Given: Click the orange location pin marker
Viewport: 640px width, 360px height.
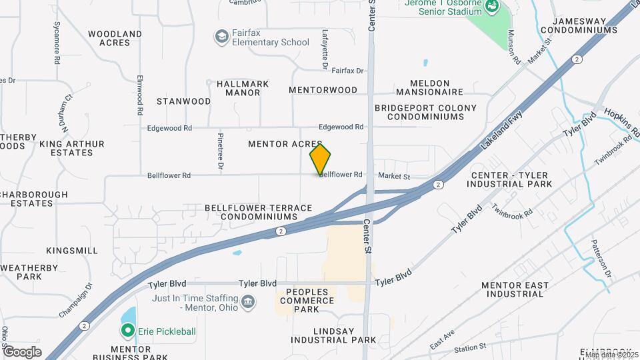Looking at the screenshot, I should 320,159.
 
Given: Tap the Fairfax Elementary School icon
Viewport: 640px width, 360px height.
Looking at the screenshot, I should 221,36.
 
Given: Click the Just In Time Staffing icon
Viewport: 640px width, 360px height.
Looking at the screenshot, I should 248,303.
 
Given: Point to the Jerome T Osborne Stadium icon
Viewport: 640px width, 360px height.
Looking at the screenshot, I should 492,7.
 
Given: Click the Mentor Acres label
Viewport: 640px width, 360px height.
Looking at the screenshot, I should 285,144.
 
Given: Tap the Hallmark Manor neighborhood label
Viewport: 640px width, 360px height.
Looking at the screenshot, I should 243,88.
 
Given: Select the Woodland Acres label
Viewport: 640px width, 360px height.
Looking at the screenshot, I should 115,38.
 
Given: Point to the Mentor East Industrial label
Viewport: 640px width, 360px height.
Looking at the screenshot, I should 515,289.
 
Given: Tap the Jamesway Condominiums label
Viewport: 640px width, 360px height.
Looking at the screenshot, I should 589,25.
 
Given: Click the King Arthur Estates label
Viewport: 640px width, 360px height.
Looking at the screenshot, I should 72,148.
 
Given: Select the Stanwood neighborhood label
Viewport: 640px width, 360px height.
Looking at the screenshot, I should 183,101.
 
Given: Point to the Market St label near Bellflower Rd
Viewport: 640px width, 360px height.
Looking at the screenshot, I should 393,176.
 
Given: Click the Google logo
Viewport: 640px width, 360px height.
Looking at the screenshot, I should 22,352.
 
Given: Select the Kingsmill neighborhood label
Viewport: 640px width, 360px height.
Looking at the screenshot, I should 71,251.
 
